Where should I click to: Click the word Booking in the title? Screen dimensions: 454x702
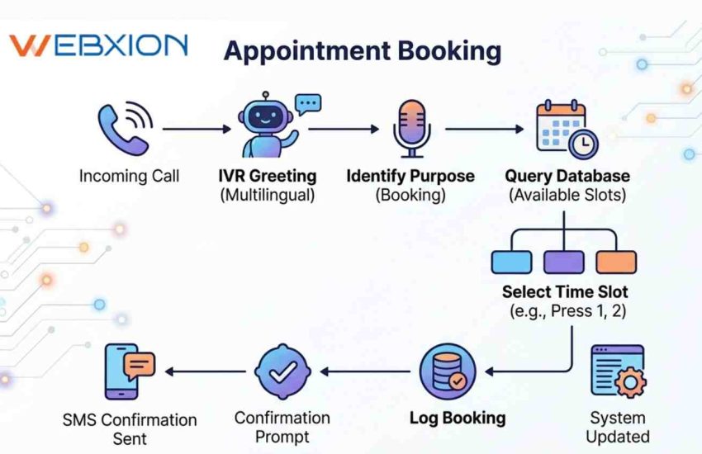450,50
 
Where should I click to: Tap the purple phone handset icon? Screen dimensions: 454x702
124,129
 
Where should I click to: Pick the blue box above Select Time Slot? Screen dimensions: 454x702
512,261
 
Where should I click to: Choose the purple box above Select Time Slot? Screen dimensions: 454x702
564,261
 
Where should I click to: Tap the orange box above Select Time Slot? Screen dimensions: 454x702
616,261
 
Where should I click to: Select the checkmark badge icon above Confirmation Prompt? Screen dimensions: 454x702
282,372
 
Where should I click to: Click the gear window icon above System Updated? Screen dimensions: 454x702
618,371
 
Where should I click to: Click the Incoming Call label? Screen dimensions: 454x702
129,176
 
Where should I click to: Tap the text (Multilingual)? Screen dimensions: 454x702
267,196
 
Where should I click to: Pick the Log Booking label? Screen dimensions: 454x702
458,418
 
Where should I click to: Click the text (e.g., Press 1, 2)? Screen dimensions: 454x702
565,311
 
